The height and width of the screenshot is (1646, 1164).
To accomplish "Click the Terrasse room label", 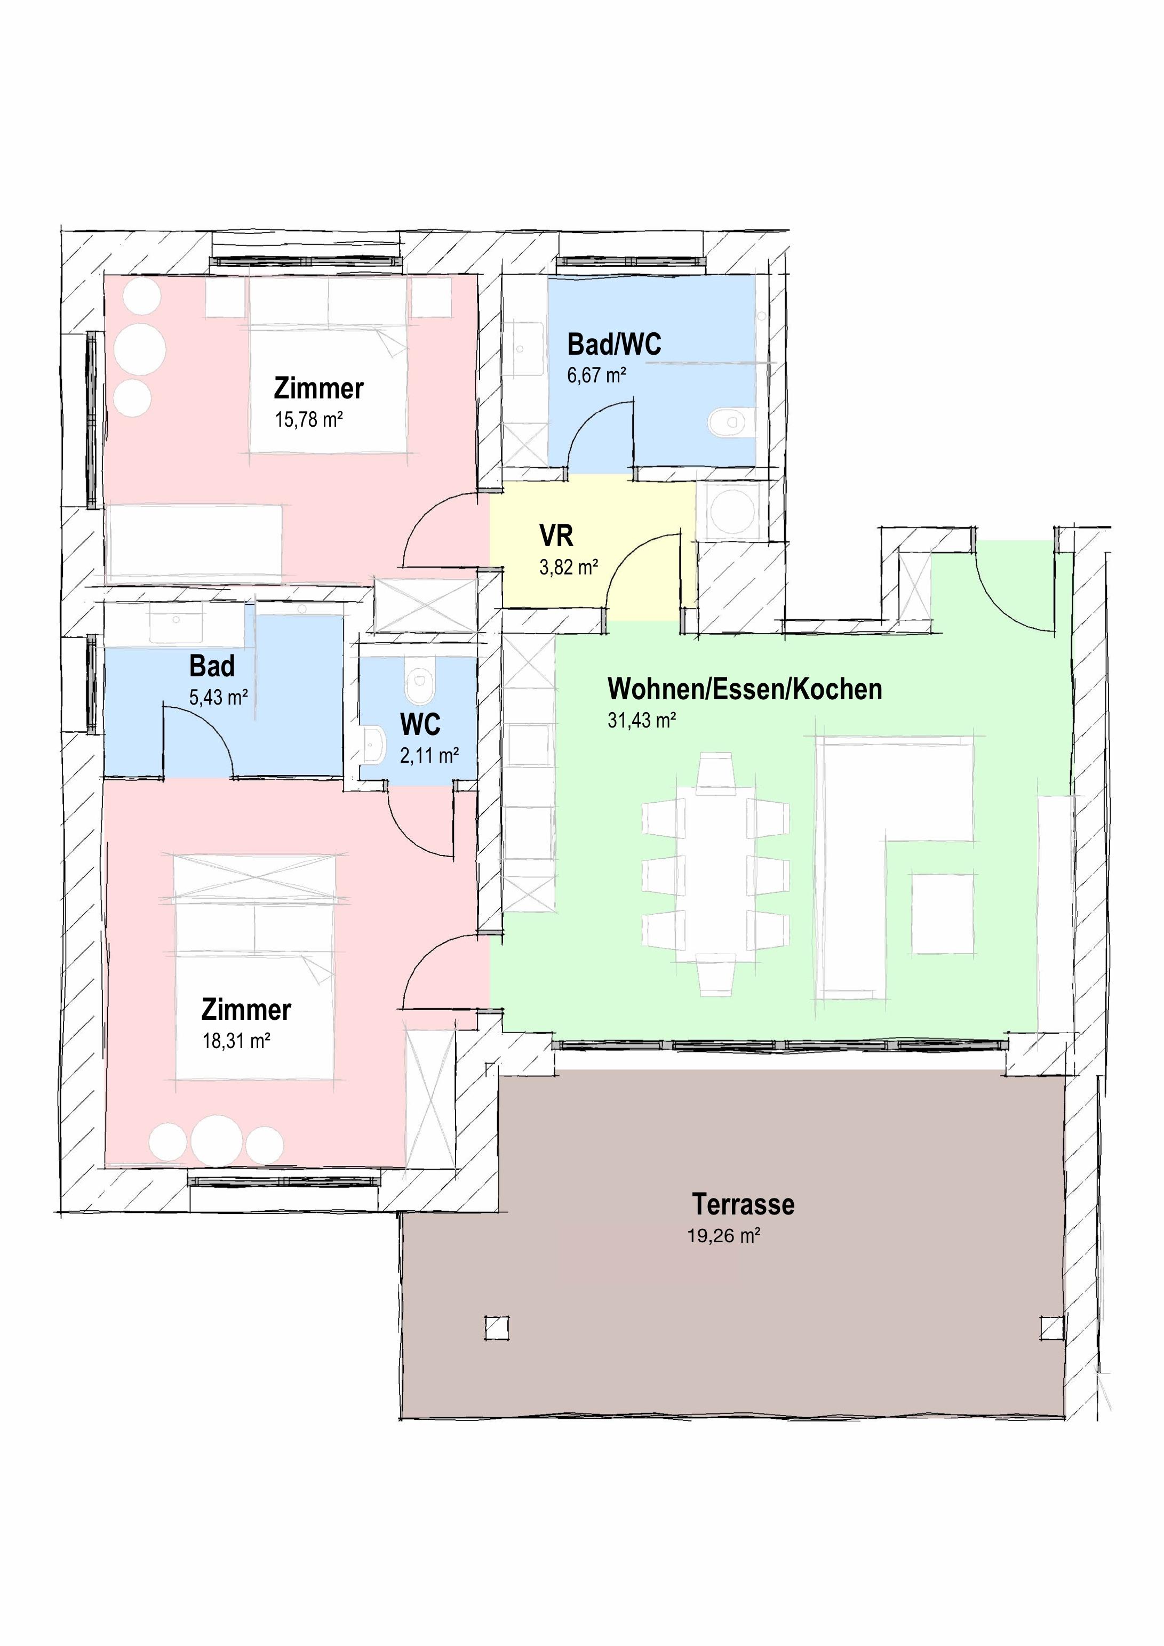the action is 743,1204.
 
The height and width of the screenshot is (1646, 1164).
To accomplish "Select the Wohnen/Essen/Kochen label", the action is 745,689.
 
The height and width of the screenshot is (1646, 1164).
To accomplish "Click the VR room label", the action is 556,536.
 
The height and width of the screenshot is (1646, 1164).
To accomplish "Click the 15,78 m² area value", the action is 309,419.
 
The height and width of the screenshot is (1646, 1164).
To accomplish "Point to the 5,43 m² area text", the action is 219,697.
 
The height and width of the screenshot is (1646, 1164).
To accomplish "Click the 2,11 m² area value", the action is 429,756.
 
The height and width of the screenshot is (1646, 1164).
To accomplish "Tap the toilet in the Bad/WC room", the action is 731,422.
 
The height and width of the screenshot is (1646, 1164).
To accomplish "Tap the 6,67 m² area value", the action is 597,375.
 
